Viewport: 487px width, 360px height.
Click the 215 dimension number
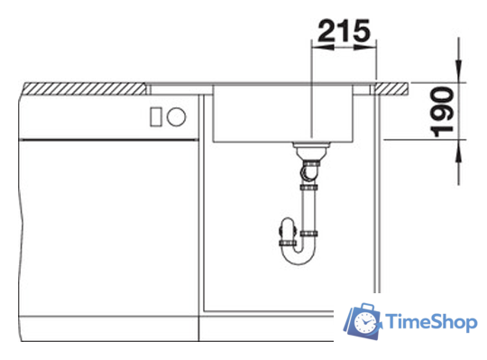click(x=345, y=31)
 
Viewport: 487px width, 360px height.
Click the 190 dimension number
click(x=442, y=112)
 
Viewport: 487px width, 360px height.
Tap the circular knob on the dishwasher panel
click(x=176, y=116)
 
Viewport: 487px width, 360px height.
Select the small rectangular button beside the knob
click(x=156, y=116)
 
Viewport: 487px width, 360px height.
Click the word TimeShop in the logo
click(x=432, y=322)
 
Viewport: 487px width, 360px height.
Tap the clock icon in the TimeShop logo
click(x=364, y=322)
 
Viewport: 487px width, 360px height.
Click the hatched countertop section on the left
click(x=85, y=88)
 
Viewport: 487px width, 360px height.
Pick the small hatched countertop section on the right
click(x=391, y=88)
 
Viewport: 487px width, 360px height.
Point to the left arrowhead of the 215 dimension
click(x=322, y=48)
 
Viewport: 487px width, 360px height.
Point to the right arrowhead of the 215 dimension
click(x=365, y=48)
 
